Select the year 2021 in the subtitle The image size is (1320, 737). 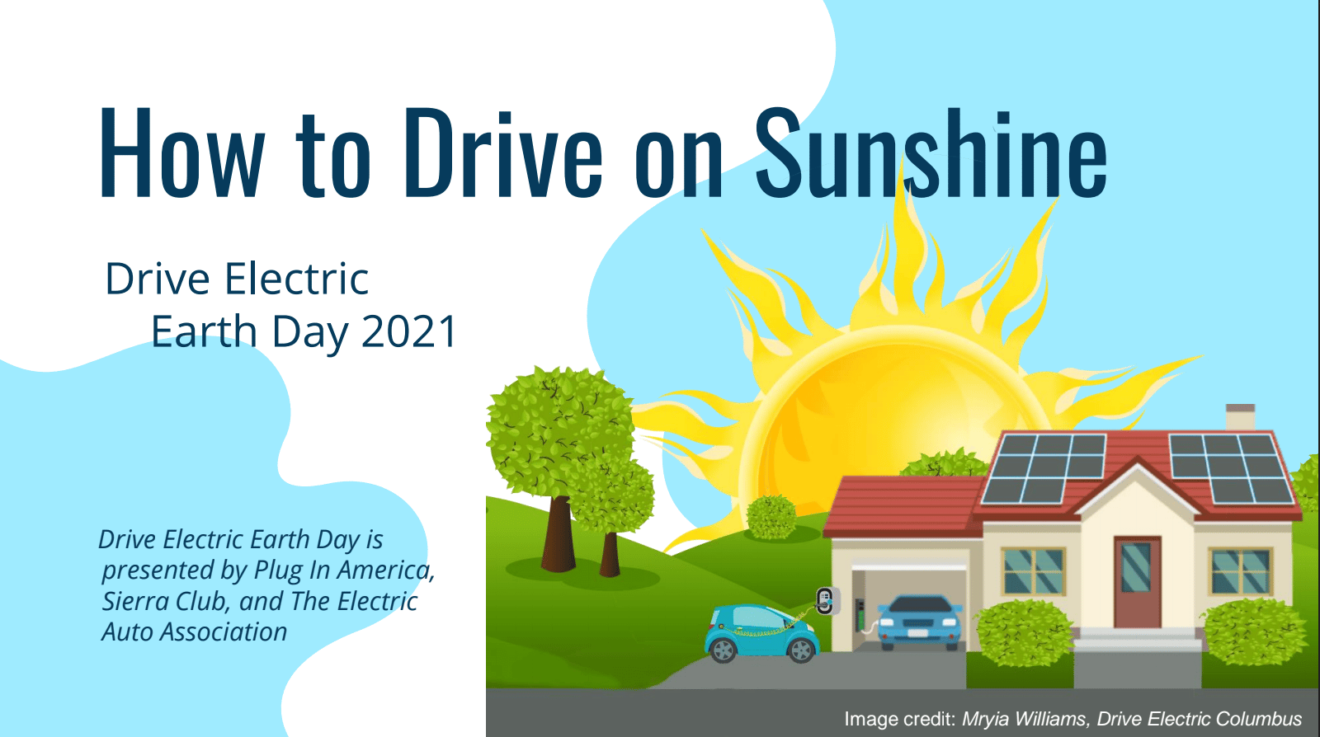(x=409, y=331)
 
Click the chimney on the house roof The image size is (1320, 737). (x=1240, y=417)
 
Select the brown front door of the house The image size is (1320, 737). (x=1138, y=582)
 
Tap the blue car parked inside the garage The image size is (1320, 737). (x=919, y=622)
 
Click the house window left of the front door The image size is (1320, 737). (x=1034, y=571)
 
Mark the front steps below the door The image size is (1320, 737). (x=1137, y=640)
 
